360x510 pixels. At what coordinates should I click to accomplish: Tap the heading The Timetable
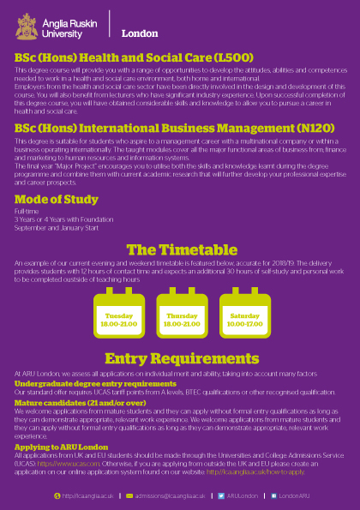(x=179, y=249)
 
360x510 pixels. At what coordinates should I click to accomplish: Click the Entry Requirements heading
(x=180, y=357)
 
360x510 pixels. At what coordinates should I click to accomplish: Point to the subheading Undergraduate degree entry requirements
(x=95, y=383)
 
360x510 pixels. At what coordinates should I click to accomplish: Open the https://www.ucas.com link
(x=77, y=461)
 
